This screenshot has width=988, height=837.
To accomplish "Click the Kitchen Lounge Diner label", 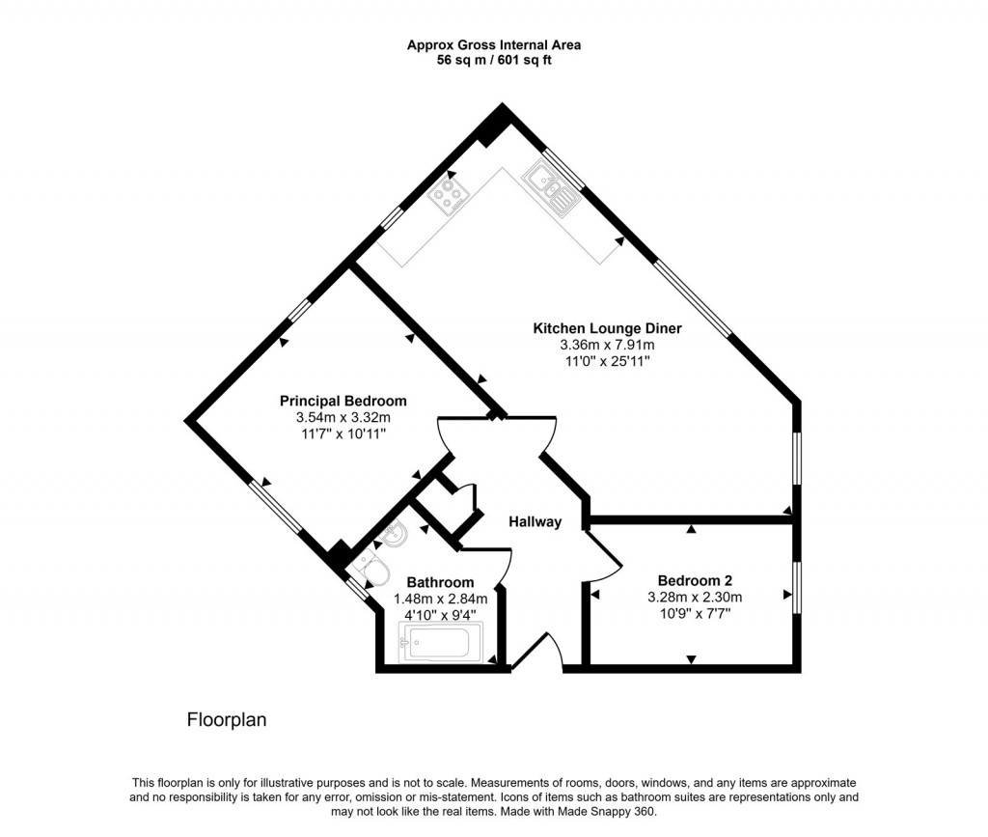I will [607, 328].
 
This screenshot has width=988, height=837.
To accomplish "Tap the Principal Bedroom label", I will [343, 401].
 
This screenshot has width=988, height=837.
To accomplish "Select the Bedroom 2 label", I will [695, 580].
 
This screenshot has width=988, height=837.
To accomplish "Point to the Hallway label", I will [535, 522].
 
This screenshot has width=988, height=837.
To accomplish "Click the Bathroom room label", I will [440, 582].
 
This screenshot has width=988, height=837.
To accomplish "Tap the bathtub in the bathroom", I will [440, 642].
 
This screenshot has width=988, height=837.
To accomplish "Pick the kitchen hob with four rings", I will [448, 196].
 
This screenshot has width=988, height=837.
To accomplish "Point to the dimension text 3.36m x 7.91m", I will [607, 345].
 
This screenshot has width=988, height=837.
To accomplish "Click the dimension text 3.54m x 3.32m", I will [343, 417].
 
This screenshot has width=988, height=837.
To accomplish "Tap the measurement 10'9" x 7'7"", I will [694, 613].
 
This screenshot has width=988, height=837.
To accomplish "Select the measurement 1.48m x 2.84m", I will [440, 599].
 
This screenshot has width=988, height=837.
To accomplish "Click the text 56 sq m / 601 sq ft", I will [493, 60].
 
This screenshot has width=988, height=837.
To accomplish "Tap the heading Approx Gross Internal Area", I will [493, 44].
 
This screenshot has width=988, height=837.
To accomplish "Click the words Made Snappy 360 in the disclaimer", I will [612, 812].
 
